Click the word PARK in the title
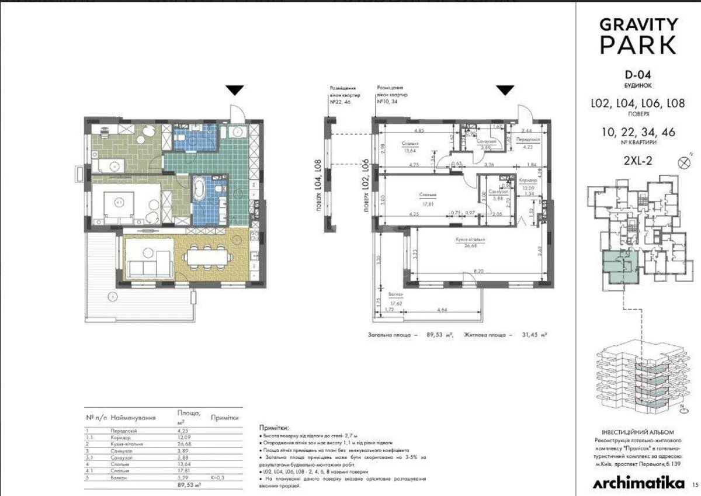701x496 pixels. click(x=638, y=44)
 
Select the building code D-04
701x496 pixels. click(x=637, y=75)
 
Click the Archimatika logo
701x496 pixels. click(x=639, y=483)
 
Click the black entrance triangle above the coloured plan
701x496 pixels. click(x=235, y=90)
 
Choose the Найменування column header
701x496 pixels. click(x=134, y=418)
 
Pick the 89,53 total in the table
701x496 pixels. click(x=189, y=485)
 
